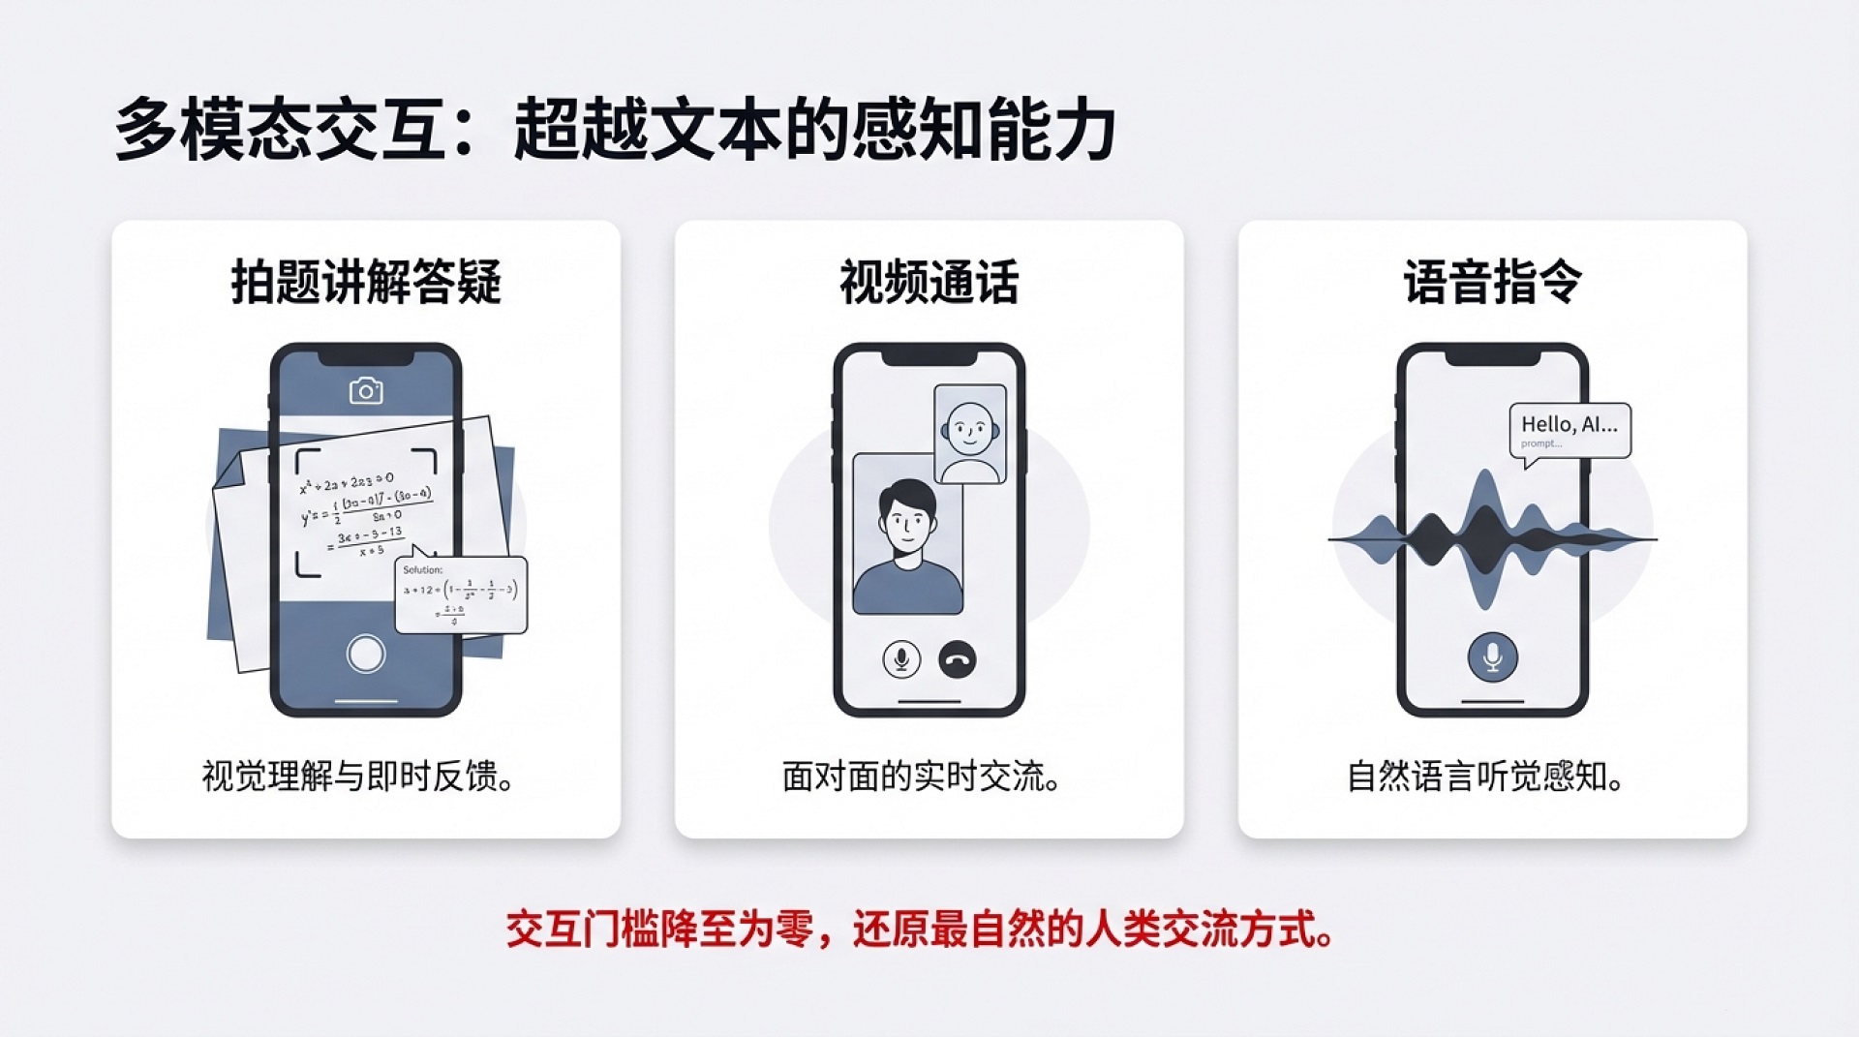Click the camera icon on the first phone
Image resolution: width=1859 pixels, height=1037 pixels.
pyautogui.click(x=365, y=390)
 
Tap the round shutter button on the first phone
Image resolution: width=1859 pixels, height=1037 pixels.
pyautogui.click(x=366, y=654)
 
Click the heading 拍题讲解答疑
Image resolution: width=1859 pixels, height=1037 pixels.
pyautogui.click(x=366, y=283)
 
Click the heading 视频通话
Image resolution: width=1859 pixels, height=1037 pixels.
pyautogui.click(x=929, y=283)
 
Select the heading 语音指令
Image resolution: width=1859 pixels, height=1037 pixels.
pyautogui.click(x=1492, y=283)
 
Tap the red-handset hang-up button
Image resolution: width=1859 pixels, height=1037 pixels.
pyautogui.click(x=958, y=660)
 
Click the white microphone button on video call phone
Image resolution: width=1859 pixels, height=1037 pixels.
pyautogui.click(x=901, y=660)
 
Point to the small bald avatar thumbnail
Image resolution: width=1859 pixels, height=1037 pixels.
pyautogui.click(x=969, y=434)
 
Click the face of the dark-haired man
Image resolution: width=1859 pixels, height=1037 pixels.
pyautogui.click(x=906, y=524)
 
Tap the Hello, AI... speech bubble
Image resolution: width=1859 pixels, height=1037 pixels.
pyautogui.click(x=1569, y=429)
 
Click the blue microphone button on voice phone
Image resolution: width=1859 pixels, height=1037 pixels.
pyautogui.click(x=1492, y=657)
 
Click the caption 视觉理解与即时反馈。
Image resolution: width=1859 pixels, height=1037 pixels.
pyautogui.click(x=358, y=777)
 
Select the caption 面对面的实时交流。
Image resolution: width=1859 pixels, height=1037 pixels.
pyautogui.click(x=921, y=777)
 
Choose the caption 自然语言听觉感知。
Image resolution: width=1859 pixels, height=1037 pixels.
pyautogui.click(x=1485, y=777)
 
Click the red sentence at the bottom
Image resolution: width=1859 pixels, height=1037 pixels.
pyautogui.click(x=920, y=930)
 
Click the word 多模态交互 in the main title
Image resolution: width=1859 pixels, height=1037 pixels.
pyautogui.click(x=281, y=129)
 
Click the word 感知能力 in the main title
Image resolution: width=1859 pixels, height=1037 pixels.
pyautogui.click(x=984, y=129)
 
